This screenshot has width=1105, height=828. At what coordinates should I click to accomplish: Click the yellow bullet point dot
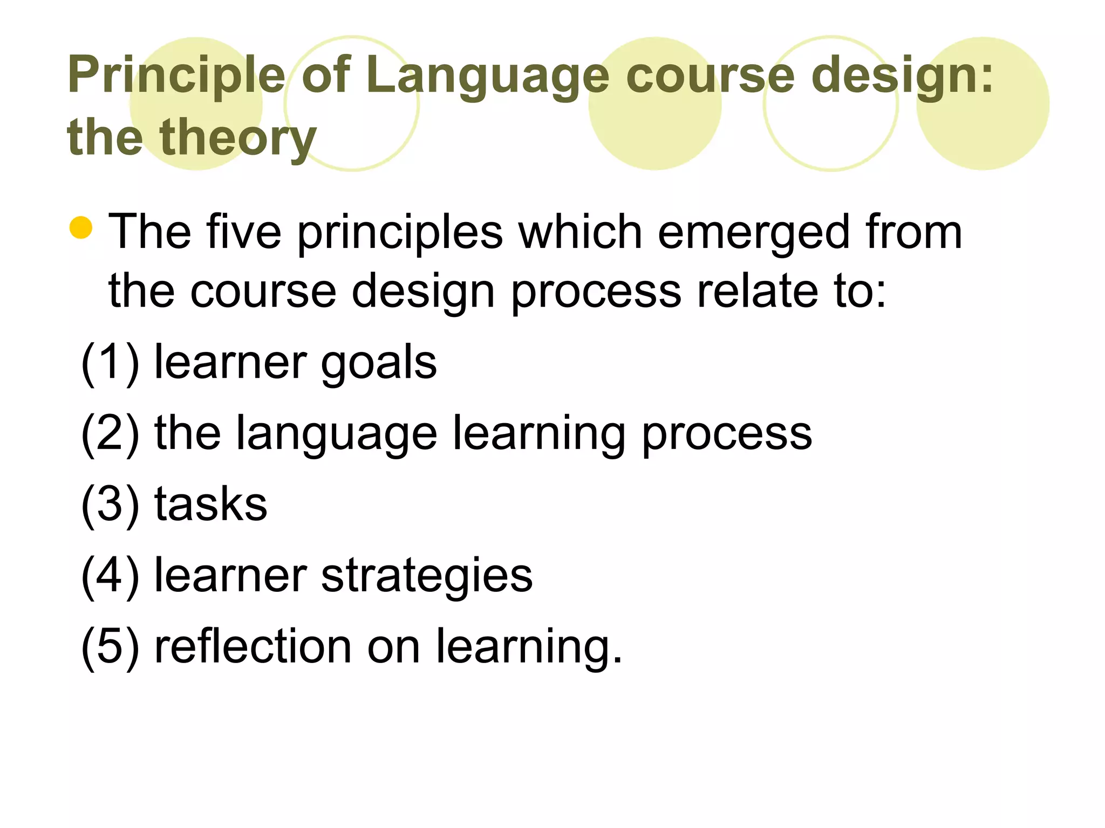[x=81, y=227]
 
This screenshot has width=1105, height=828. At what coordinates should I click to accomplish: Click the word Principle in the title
[x=176, y=75]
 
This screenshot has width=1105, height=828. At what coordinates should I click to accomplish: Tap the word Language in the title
[x=487, y=75]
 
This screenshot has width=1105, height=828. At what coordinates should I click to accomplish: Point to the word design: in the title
[x=902, y=75]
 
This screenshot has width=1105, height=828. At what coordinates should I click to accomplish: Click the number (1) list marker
[x=110, y=362]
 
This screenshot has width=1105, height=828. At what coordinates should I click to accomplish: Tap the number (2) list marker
[x=110, y=433]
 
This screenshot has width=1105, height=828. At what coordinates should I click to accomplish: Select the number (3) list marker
[x=110, y=505]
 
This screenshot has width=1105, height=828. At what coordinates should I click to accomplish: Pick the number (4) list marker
[x=110, y=576]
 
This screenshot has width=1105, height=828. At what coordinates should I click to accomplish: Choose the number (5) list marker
[x=110, y=647]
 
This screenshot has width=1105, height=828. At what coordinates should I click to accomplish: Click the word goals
[x=379, y=363]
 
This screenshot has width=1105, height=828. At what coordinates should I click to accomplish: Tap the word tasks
[x=211, y=505]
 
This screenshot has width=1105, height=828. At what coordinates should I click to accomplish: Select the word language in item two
[x=337, y=434]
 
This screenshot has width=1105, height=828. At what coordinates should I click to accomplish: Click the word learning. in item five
[x=529, y=647]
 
